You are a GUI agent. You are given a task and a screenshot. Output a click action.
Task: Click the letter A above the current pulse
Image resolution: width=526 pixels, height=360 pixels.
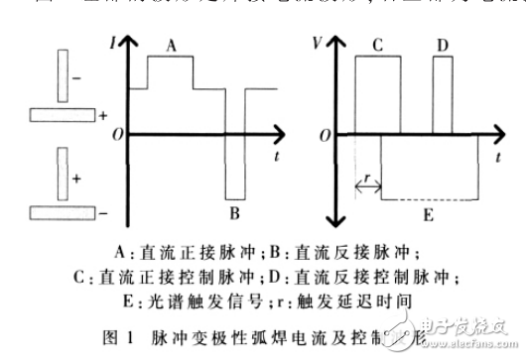click(173, 45)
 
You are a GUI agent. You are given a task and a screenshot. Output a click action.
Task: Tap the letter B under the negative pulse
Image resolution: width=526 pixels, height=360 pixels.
click(234, 211)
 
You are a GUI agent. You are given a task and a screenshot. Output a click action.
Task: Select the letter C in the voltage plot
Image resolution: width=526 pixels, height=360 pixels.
click(378, 45)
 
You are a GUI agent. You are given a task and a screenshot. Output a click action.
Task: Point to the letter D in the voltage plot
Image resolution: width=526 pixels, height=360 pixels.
click(442, 45)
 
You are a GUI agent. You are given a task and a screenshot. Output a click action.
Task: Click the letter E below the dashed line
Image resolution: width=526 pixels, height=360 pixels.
click(428, 211)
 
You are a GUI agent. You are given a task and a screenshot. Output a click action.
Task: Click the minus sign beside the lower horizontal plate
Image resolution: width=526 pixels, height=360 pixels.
click(103, 212)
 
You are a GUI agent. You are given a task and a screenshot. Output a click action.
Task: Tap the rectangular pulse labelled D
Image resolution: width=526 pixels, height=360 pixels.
click(443, 94)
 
